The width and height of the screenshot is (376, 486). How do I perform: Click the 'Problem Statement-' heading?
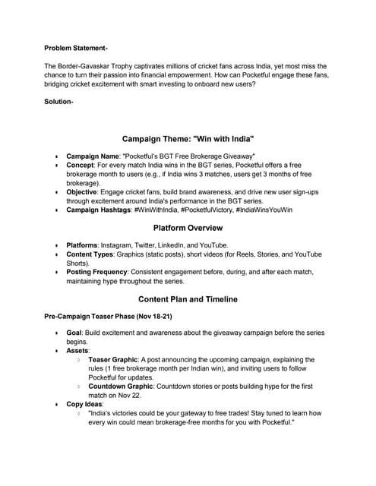coord(74,48)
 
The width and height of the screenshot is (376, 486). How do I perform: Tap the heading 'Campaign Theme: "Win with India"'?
coord(188,140)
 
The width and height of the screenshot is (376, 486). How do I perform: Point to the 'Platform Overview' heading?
coord(188,228)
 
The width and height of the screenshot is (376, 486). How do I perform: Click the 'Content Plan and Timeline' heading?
coord(188,299)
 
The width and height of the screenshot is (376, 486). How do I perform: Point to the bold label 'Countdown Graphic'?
coord(122,386)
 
